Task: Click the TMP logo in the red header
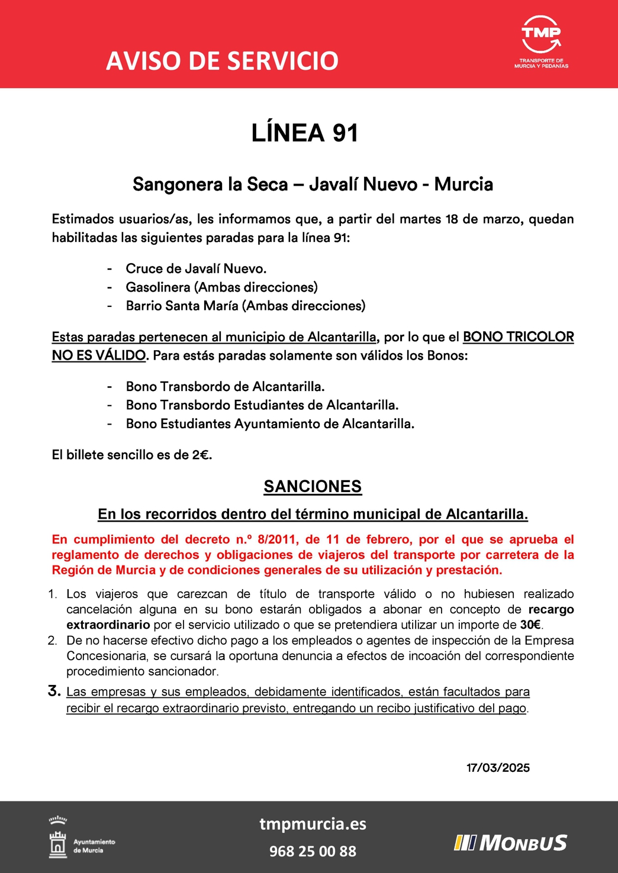(541, 41)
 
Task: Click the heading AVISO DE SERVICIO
(222, 61)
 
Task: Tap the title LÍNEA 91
(305, 133)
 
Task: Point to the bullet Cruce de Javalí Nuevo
(196, 269)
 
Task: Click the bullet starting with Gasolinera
(221, 287)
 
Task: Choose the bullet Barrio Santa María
(245, 306)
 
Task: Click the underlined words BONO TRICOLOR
(518, 337)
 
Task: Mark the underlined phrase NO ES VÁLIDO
(98, 355)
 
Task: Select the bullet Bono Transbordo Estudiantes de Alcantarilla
(262, 405)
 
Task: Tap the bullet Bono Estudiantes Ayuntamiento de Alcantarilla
(270, 424)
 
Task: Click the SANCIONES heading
(313, 487)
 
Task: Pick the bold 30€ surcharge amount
(530, 625)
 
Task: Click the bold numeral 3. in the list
(54, 691)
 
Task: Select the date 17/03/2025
(498, 768)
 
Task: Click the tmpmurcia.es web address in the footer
(313, 824)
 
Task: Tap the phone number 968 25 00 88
(313, 851)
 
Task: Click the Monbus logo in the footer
(510, 843)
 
